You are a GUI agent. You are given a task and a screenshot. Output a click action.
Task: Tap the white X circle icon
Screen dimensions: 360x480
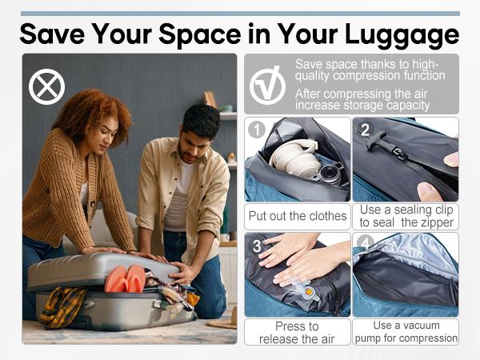46,87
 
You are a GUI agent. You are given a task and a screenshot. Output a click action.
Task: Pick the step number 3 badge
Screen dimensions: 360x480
256,246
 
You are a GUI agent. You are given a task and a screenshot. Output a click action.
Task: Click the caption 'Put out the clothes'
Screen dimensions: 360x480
297,215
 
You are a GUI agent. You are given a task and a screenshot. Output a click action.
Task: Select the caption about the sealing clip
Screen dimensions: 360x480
406,215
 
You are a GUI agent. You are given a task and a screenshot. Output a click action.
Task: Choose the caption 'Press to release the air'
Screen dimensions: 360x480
297,332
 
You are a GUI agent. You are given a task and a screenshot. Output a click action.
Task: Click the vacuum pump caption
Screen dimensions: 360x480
406,332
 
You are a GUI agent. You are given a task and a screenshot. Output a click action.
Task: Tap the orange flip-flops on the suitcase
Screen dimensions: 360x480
126,279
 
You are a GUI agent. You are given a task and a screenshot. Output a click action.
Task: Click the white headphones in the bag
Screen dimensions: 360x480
292,157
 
